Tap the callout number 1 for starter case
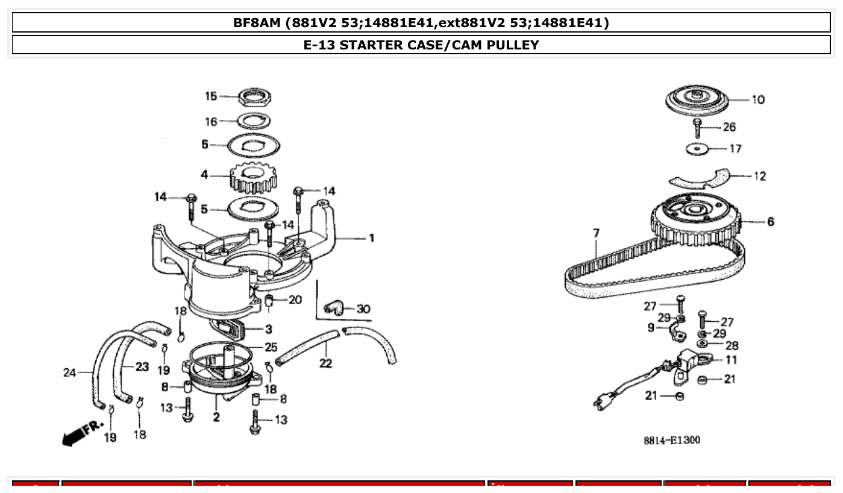click(372, 238)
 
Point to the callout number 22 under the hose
click(325, 363)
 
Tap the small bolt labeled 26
click(698, 128)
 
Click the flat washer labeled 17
click(697, 148)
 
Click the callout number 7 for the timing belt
click(596, 233)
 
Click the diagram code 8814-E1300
click(672, 441)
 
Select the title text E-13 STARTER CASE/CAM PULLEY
click(421, 45)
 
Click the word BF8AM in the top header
click(258, 23)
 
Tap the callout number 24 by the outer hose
click(69, 372)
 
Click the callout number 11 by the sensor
click(731, 360)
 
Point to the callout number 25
click(271, 347)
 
